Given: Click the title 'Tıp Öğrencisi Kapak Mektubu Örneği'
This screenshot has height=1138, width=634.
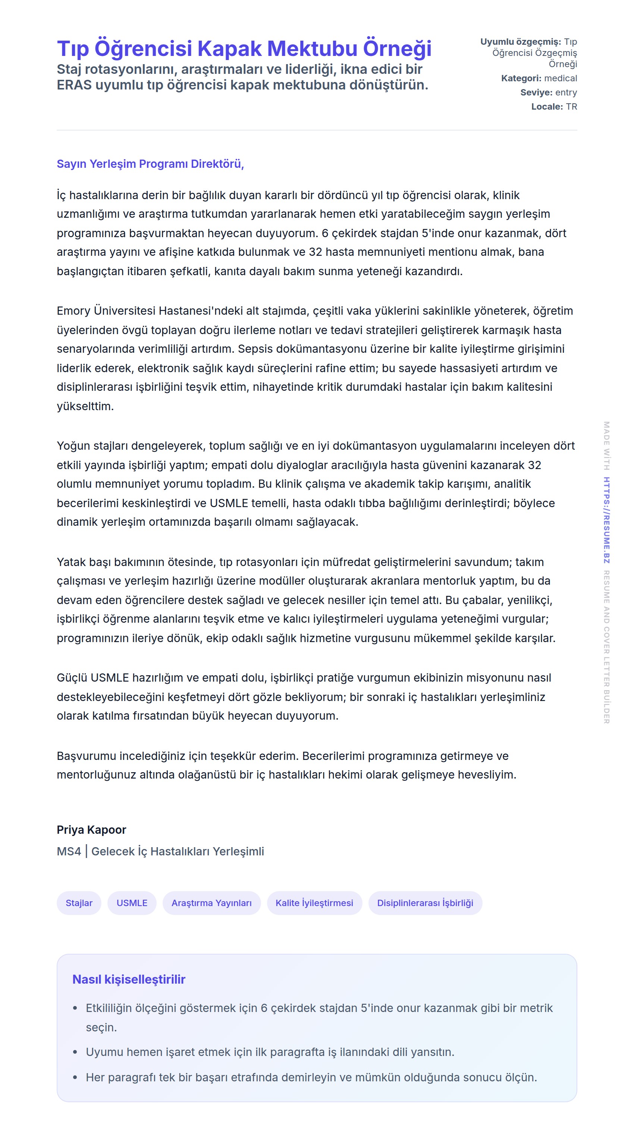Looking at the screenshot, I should click(x=244, y=48).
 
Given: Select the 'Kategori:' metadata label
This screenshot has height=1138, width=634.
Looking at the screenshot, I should click(x=521, y=78).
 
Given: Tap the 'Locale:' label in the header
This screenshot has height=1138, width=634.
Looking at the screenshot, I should click(x=546, y=107).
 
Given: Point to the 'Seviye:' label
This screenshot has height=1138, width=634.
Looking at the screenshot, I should click(x=536, y=92).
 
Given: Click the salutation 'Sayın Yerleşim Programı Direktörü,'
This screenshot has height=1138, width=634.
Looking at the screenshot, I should click(x=150, y=164).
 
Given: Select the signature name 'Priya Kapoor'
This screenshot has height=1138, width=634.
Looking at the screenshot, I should click(x=91, y=830).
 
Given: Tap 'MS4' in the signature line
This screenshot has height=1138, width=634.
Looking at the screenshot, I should click(x=69, y=851).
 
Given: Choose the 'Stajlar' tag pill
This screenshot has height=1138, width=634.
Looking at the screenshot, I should click(x=79, y=903).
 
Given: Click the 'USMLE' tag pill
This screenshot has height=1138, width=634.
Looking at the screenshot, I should click(x=132, y=903).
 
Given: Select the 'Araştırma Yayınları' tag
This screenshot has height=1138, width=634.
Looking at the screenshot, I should click(x=211, y=903).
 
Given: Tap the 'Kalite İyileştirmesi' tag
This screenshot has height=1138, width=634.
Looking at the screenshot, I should click(x=314, y=903).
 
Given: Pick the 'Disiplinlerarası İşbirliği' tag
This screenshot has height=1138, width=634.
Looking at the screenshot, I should click(x=425, y=903).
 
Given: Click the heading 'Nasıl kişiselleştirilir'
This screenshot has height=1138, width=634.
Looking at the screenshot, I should click(x=129, y=980).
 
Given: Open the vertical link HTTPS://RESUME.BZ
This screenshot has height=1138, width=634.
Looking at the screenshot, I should click(x=607, y=520).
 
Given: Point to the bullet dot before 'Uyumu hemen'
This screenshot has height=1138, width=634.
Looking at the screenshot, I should click(x=75, y=1052).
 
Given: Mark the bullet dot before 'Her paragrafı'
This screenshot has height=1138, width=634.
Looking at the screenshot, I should click(x=75, y=1078).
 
